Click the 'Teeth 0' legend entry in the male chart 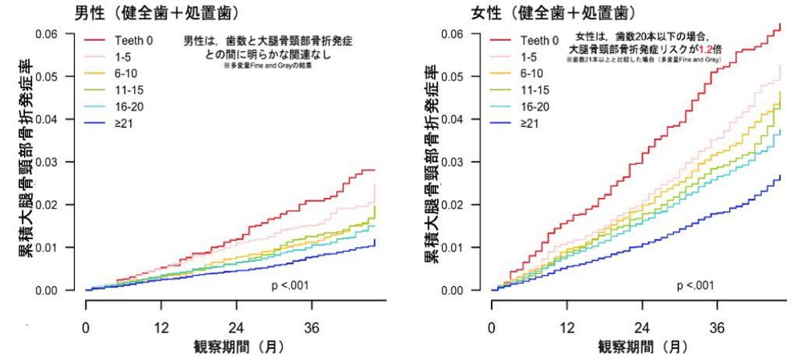pyautogui.click(x=133, y=39)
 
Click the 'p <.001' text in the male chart pyautogui.click(x=290, y=285)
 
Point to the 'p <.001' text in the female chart pyautogui.click(x=696, y=285)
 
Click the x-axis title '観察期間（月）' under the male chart pyautogui.click(x=238, y=346)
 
